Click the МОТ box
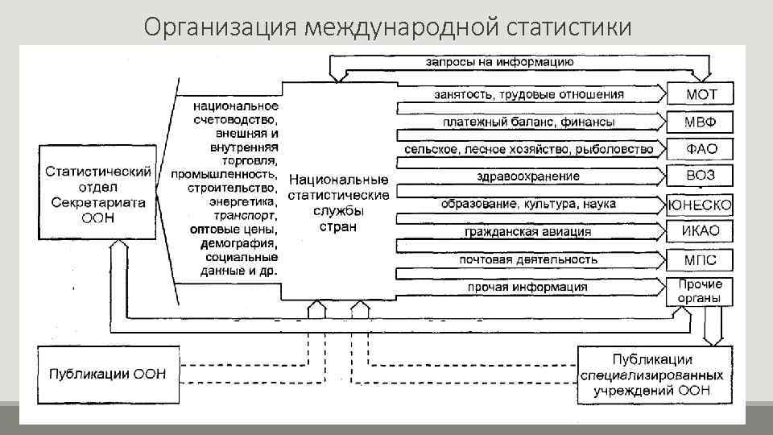[x=700, y=94]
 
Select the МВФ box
[x=700, y=122]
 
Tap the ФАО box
[x=700, y=149]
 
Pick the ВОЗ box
[x=700, y=176]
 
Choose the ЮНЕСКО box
[x=700, y=205]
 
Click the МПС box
[x=700, y=259]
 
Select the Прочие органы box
[x=700, y=292]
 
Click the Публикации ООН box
[x=108, y=375]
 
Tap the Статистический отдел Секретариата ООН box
[x=98, y=193]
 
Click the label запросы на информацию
[x=499, y=62]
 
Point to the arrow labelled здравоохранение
[x=528, y=176]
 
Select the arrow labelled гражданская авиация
[x=528, y=232]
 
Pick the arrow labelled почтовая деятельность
[x=528, y=259]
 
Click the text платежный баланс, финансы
[x=528, y=122]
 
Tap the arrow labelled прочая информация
[x=528, y=287]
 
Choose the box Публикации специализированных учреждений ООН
[x=655, y=375]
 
